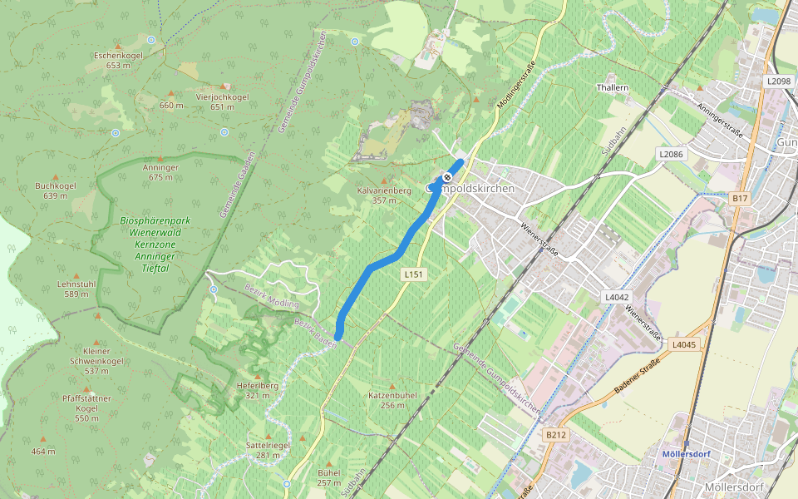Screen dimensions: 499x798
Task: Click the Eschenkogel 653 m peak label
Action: tap(119, 60)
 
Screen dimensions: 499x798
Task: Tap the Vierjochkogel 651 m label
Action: tap(222, 101)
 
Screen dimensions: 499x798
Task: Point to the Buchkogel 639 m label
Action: tap(56, 190)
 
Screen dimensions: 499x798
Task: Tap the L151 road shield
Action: tap(413, 274)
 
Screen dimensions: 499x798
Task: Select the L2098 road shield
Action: tap(778, 81)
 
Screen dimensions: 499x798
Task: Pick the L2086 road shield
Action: tap(671, 154)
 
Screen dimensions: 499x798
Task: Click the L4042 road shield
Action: tap(617, 297)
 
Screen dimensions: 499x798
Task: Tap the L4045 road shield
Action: tap(683, 344)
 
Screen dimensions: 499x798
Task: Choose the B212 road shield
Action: tap(555, 434)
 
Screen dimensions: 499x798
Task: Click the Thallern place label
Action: tap(613, 87)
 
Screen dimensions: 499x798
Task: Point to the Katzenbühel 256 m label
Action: tap(392, 400)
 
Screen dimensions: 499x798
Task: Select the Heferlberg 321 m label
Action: tap(257, 390)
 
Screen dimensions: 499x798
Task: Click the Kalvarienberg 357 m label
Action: tap(384, 195)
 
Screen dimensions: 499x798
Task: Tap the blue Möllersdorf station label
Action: tap(684, 454)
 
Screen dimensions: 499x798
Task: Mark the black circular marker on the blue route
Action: tap(447, 177)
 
